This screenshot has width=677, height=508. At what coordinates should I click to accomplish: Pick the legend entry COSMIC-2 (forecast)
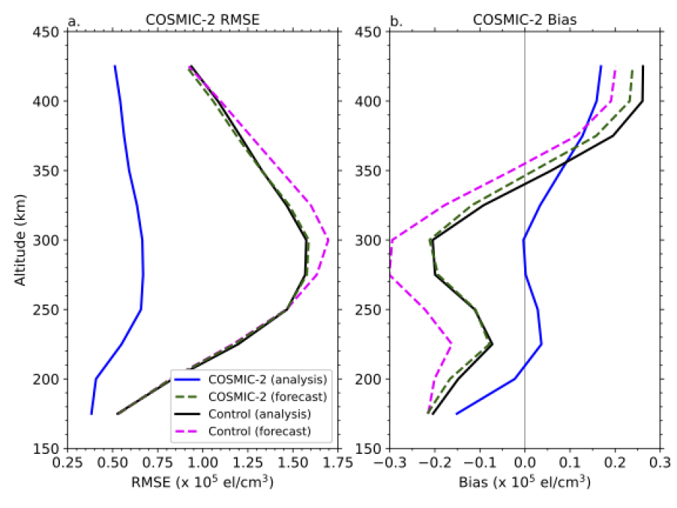click(x=268, y=396)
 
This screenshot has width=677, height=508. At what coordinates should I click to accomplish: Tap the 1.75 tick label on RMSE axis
click(x=338, y=463)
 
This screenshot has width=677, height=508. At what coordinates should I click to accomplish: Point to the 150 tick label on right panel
click(x=370, y=448)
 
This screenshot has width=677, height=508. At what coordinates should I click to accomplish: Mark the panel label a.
click(x=72, y=21)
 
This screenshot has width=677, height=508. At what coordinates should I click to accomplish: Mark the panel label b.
click(x=396, y=21)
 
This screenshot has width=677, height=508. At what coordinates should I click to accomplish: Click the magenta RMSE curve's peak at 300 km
click(x=328, y=240)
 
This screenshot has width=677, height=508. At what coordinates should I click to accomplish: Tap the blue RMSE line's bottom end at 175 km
click(x=91, y=414)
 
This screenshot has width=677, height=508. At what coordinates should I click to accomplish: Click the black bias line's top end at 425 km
click(x=643, y=67)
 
